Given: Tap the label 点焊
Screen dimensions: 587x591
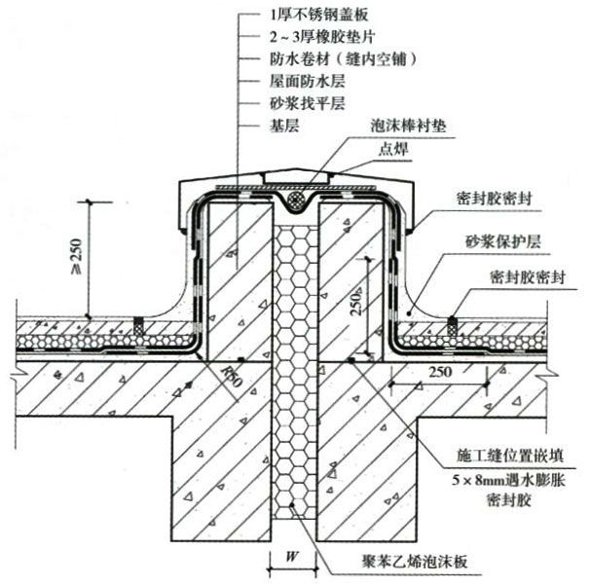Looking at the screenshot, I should [393, 152].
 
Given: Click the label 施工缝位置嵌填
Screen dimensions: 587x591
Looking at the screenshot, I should [499, 455].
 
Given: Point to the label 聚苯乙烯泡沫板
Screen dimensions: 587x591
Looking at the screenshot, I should [415, 562].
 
